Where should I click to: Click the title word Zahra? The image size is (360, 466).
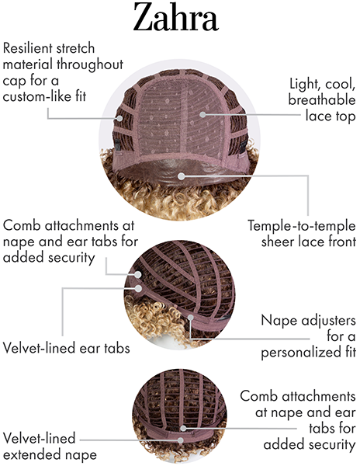tap(175, 17)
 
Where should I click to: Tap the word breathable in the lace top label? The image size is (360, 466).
tap(322, 100)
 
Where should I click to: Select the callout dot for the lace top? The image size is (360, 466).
tap(202, 114)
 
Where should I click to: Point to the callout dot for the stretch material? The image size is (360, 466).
tap(119, 118)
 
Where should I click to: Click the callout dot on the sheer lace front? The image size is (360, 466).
tap(182, 176)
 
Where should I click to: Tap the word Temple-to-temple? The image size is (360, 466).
tap(302, 227)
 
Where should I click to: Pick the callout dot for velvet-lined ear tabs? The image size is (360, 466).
tap(138, 288)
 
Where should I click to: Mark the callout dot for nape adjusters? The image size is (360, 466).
tap(191, 318)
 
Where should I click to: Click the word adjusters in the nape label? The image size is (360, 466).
tap(328, 321)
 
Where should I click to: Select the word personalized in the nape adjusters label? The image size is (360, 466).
tap(300, 353)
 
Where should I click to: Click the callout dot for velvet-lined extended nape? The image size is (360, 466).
tap(180, 440)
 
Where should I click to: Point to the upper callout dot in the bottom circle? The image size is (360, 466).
tap(183, 428)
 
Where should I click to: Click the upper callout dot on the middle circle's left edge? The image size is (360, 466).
tap(137, 275)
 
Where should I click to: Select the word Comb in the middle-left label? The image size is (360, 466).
tap(22, 226)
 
